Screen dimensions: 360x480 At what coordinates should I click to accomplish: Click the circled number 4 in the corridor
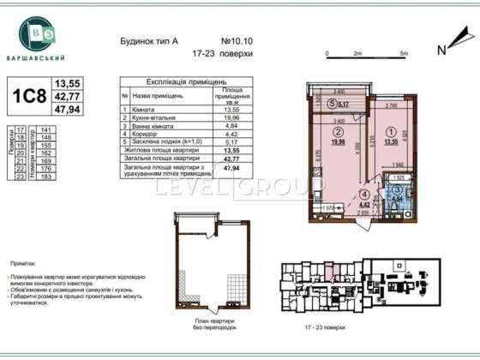363,195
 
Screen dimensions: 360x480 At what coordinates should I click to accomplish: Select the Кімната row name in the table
147,110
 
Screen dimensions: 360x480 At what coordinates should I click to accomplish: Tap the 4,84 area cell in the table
230,125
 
